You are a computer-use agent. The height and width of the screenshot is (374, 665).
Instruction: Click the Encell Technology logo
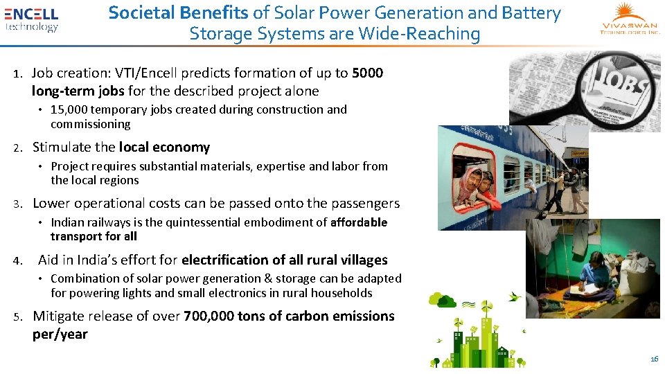pos(31,19)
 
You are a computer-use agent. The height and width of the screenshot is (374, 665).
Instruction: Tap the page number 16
pos(654,359)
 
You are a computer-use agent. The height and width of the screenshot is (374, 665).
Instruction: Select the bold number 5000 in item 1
pos(367,73)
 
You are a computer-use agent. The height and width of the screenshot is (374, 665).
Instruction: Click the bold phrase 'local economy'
pos(164,147)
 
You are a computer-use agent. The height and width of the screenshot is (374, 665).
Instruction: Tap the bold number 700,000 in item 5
pos(209,316)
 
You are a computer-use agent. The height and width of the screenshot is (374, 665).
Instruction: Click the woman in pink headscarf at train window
pos(471,183)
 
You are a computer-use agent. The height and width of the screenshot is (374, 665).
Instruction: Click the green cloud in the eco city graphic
pos(439,299)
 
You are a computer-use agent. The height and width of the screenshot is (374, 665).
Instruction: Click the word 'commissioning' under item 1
pos(90,124)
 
